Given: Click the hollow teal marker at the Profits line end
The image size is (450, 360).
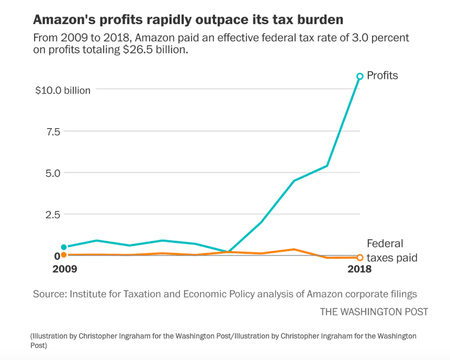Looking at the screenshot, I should (359, 76).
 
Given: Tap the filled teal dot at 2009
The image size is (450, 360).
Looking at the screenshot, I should (64, 247).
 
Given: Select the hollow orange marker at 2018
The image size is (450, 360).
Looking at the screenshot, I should (360, 257).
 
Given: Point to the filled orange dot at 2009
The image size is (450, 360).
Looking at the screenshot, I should (64, 255).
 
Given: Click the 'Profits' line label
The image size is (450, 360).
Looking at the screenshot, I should (382, 75).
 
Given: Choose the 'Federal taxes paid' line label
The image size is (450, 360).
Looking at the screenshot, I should (391, 251).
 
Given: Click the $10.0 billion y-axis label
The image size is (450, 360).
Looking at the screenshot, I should (63, 90).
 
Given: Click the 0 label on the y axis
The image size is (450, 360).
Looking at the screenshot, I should (57, 255).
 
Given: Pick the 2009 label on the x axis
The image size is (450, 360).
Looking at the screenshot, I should (64, 269).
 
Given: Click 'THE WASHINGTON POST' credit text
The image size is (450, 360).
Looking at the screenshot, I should (374, 312).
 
